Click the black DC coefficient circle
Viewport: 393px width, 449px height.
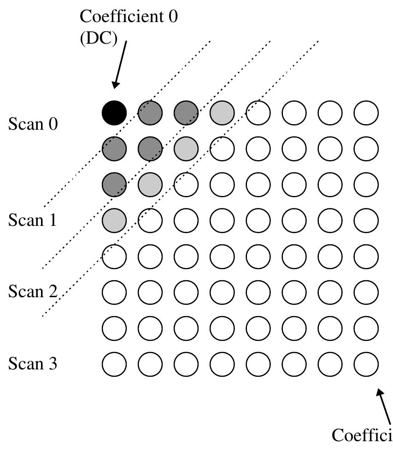114,112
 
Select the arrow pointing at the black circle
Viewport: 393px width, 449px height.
119,64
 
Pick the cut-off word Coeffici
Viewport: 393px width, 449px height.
362,434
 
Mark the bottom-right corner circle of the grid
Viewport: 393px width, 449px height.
366,364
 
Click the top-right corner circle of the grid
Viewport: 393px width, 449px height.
366,112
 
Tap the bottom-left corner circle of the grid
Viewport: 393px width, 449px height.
114,364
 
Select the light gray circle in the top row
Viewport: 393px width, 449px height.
222,112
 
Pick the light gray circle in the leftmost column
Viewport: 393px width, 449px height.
114,220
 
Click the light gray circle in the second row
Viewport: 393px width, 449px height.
186,148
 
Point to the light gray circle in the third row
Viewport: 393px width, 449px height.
150,184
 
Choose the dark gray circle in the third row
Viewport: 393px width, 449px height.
114,184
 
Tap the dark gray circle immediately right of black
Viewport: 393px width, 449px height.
150,112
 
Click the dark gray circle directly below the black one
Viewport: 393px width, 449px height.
114,148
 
